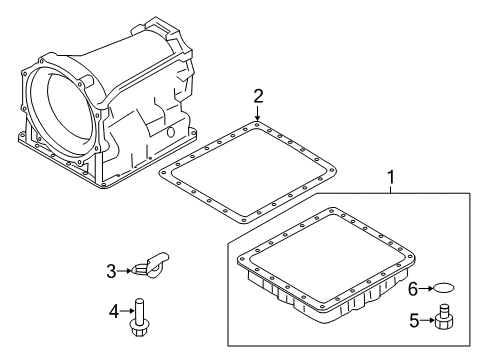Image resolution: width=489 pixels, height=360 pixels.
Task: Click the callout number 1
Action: point(391,177)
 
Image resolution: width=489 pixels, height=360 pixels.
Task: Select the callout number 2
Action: point(258,96)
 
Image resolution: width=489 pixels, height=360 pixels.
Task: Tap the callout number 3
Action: point(111,272)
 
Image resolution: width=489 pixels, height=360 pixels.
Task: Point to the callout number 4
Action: point(114,312)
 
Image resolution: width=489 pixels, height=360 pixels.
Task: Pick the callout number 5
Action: point(414,321)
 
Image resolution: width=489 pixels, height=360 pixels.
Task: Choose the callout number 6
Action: point(413,289)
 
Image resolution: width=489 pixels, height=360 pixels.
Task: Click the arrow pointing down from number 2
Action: point(257,113)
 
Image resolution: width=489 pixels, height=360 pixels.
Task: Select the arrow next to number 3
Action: point(124,271)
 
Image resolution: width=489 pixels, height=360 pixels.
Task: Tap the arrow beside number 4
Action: point(127,311)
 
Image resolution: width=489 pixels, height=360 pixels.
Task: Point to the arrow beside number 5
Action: point(427,321)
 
